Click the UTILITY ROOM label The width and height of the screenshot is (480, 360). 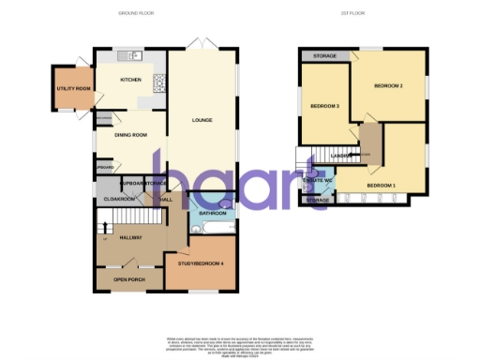tap(72, 89)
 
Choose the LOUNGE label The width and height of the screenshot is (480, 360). tap(202, 120)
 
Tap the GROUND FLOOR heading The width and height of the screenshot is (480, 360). tap(134, 13)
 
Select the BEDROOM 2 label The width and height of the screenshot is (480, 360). tap(388, 86)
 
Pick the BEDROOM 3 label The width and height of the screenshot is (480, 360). tap(324, 106)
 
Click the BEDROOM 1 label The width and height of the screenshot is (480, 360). tap(380, 185)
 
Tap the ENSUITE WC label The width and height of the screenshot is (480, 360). tap(318, 179)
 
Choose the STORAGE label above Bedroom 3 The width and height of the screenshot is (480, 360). tap(324, 56)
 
